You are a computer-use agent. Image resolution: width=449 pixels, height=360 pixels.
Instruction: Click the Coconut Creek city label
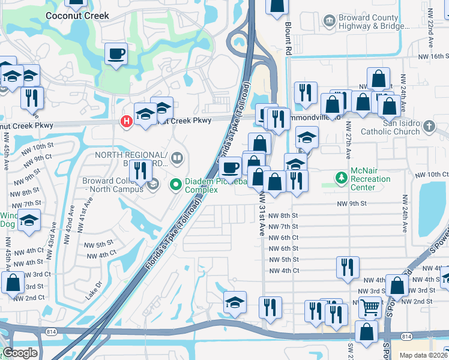pos(77,15)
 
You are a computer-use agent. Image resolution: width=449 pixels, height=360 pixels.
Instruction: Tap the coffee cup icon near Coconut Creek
pos(116,54)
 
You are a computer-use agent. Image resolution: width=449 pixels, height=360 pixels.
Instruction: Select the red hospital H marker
pos(127,121)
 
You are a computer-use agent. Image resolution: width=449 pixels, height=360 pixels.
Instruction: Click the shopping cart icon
pos(370,307)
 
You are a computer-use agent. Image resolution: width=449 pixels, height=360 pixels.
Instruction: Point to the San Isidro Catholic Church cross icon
pos(428,127)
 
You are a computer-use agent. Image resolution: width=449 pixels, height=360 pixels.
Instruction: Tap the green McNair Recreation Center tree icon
pos(341,178)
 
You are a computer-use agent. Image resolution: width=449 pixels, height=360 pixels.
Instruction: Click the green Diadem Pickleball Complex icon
pos(176,184)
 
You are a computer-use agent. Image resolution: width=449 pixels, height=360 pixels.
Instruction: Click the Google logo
pos(20,353)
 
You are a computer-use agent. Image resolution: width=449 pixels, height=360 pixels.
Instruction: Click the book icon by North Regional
pos(176,159)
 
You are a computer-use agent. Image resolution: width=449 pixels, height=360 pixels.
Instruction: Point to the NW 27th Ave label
pos(348,140)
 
